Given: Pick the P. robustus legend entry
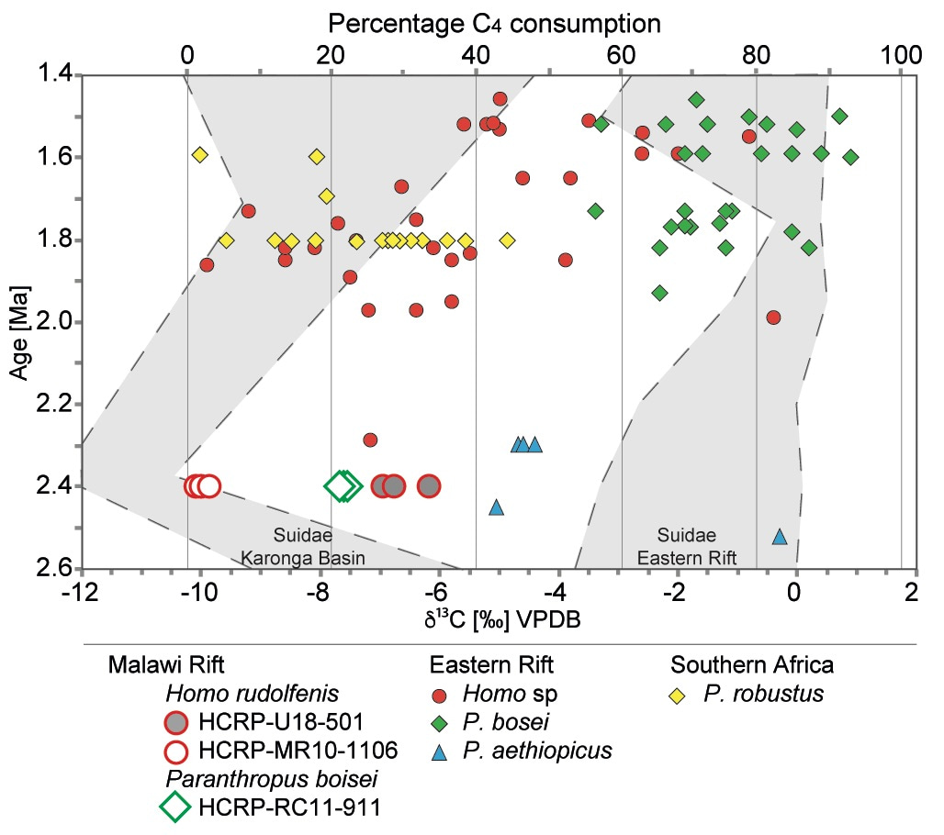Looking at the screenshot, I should (763, 695).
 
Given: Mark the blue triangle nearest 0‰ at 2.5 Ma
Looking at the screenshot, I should (780, 537).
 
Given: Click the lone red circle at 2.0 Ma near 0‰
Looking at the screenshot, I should (773, 317).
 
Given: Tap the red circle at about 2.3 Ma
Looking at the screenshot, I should (370, 440).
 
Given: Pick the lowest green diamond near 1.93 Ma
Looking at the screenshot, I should (659, 293).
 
